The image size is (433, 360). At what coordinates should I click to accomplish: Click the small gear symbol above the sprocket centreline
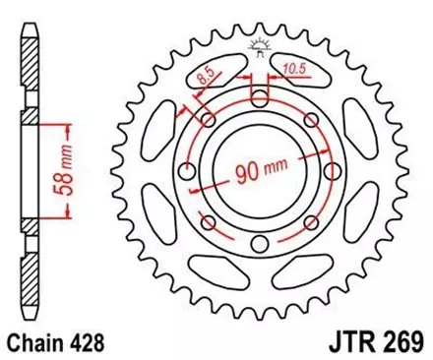coord(260,44)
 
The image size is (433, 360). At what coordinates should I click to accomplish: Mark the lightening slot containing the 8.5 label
coord(209,75)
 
